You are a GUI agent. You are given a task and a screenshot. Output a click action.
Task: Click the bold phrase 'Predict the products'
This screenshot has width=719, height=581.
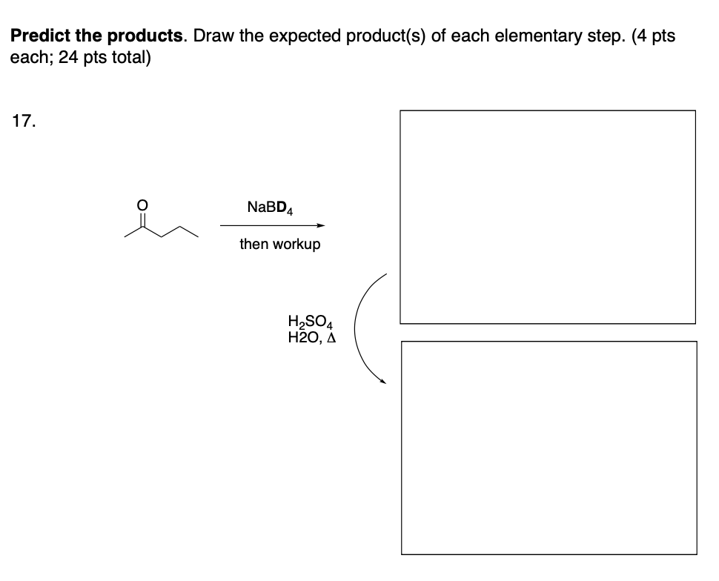(x=98, y=36)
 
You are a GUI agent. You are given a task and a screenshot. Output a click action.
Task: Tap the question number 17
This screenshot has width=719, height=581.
(x=23, y=122)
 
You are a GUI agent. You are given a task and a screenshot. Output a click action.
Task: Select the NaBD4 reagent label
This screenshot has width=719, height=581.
(x=271, y=208)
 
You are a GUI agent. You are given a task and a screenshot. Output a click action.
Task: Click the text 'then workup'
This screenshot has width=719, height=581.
(x=279, y=244)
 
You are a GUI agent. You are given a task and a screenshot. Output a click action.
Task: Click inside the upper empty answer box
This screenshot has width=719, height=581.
(x=548, y=216)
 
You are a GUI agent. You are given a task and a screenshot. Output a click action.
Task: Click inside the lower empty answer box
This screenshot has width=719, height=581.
(x=549, y=447)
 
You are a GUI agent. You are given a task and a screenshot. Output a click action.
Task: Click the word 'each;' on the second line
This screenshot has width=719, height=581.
(x=28, y=57)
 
